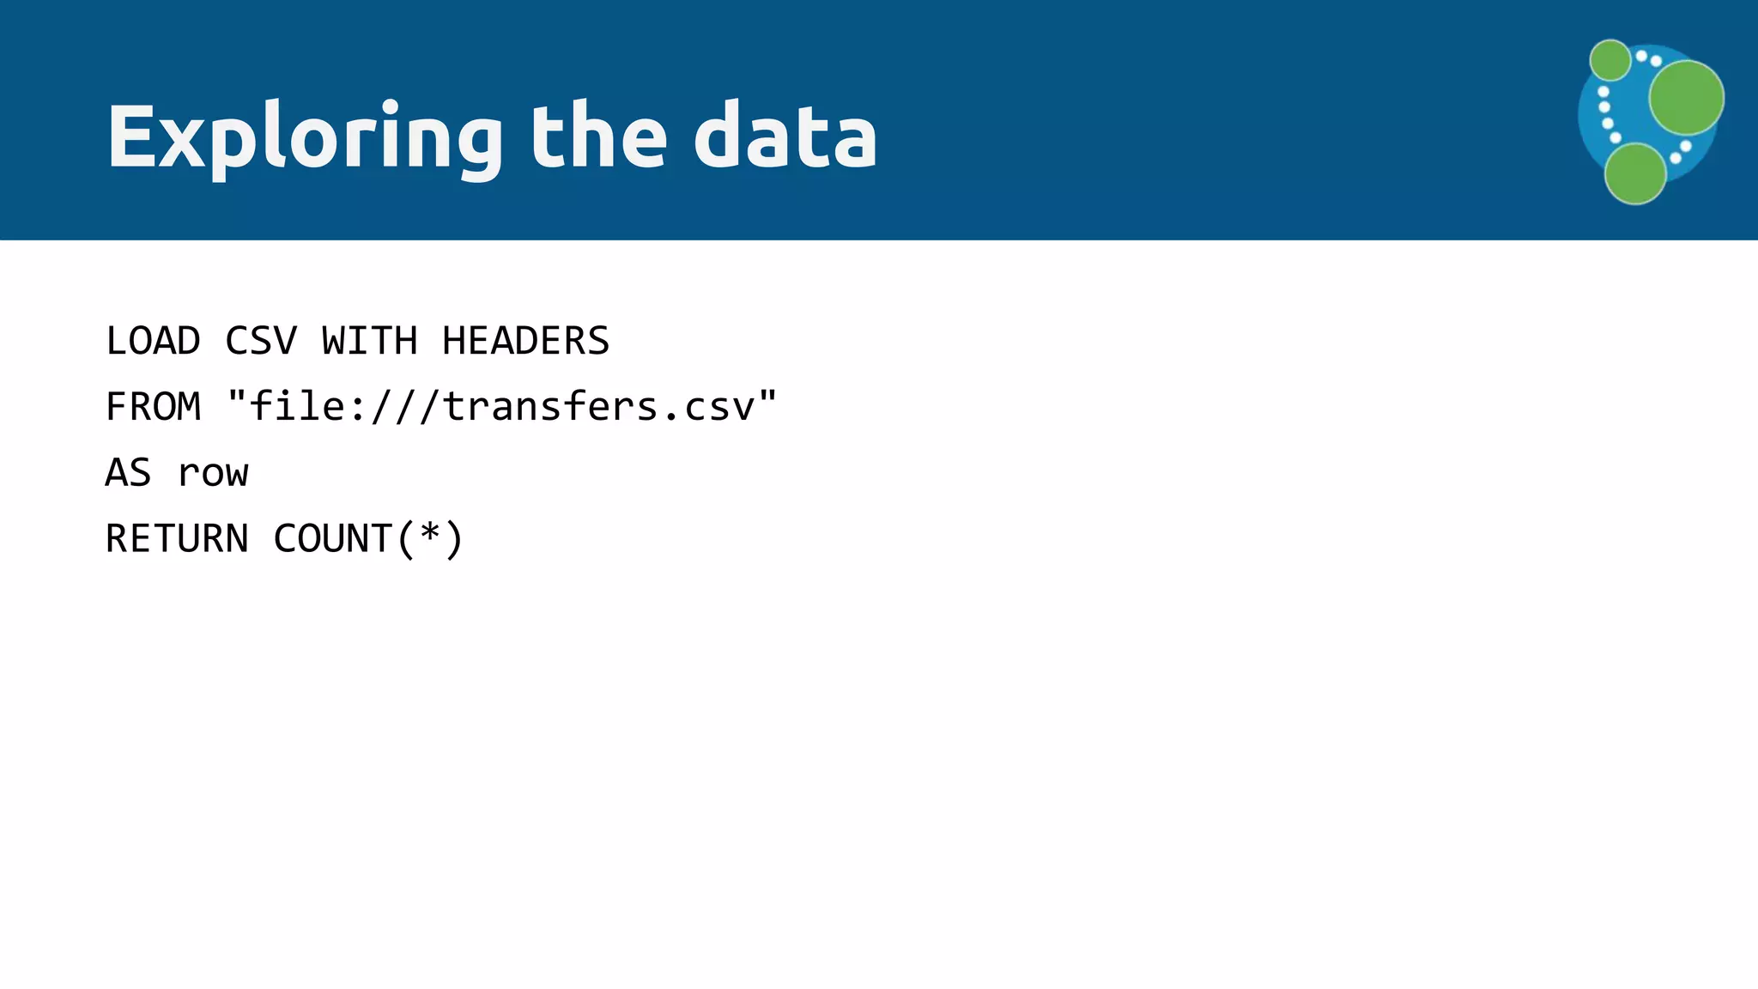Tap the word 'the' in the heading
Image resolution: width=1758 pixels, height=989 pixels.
point(598,136)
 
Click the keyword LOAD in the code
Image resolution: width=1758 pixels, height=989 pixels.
point(153,341)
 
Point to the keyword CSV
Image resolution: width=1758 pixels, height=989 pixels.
point(261,341)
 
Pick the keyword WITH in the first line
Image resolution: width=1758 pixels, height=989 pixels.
point(370,341)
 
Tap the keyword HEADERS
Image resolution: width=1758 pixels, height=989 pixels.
point(525,341)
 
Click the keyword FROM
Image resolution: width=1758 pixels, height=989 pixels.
point(153,407)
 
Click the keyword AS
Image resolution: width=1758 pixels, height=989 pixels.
point(129,473)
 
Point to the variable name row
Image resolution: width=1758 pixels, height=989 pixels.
point(213,473)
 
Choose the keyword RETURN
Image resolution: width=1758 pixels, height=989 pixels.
point(177,539)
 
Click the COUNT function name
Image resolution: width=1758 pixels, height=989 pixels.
point(333,539)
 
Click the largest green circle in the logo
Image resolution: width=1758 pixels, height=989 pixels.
point(1686,97)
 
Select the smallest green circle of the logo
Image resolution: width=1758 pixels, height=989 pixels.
point(1609,60)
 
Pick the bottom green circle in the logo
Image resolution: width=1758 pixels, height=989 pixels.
point(1635,173)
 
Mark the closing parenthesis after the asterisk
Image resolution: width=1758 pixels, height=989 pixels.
point(454,539)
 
